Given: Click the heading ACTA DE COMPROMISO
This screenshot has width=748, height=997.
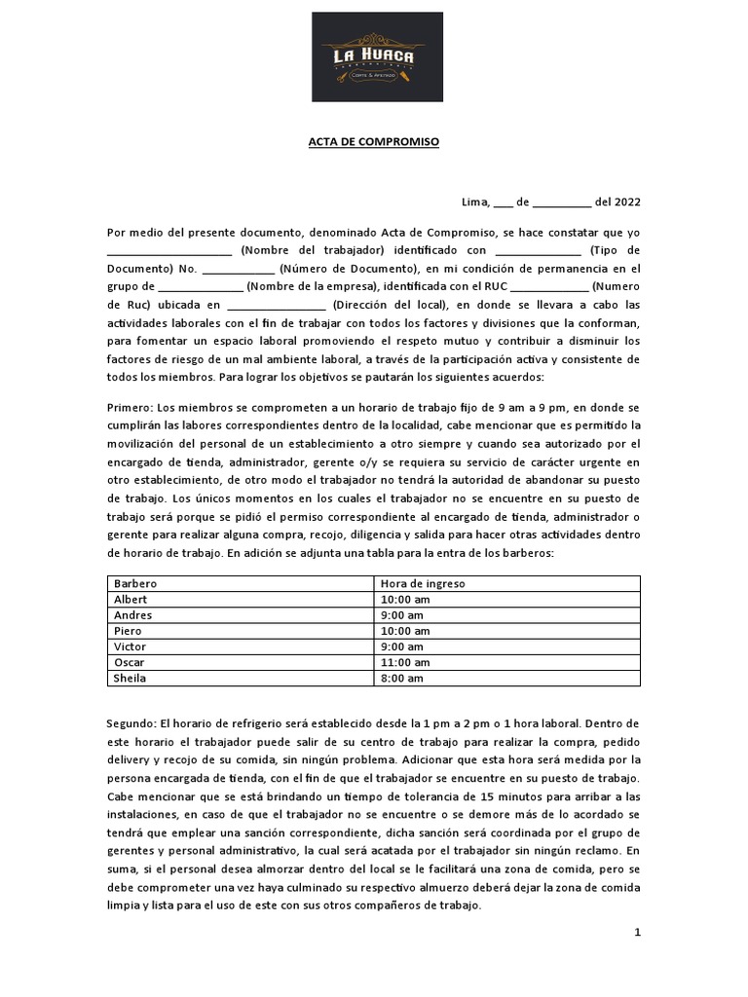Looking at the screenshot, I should (x=373, y=142).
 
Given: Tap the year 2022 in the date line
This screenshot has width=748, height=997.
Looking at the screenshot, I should (x=625, y=203).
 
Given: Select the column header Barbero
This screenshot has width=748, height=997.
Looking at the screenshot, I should (x=135, y=584).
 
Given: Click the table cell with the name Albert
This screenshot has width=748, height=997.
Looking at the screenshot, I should (x=131, y=600).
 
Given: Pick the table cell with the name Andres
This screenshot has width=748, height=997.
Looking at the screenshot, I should (x=133, y=615).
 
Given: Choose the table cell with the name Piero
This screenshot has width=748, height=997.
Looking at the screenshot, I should (x=129, y=631).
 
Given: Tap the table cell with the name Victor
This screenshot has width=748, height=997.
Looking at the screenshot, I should (x=131, y=646).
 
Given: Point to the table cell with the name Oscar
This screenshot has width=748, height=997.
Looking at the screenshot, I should (x=130, y=662).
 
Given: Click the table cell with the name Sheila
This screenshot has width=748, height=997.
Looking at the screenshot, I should (x=131, y=678).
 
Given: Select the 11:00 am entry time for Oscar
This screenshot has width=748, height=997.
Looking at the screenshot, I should (x=403, y=662).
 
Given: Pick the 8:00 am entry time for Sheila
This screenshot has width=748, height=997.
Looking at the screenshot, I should (x=400, y=678).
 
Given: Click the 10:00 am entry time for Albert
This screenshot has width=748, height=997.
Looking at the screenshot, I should (x=403, y=600).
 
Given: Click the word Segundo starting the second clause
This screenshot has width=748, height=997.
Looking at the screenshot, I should (x=132, y=724).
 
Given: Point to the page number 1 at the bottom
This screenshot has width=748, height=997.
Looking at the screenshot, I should (x=637, y=932).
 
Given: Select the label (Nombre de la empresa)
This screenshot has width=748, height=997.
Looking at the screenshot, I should (x=312, y=286).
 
